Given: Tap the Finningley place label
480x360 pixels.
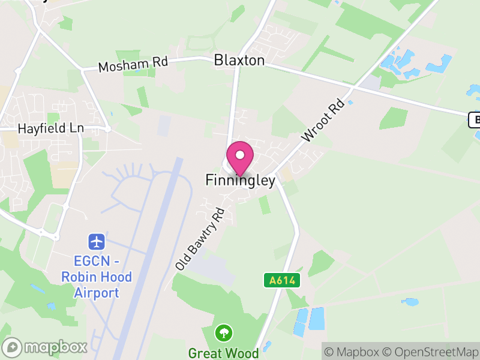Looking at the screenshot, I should point(240,180).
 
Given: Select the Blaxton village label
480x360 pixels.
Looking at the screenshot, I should point(239,60).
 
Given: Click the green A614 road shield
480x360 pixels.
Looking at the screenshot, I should point(281,280).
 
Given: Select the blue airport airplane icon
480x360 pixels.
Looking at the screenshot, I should point(97,242).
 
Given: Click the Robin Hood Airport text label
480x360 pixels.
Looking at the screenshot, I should point(96,277).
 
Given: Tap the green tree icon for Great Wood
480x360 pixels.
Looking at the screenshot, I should point(224,332).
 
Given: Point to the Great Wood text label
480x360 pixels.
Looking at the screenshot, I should point(223,352).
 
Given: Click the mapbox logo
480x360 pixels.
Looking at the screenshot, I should point(45,347).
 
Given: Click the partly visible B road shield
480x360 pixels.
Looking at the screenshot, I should point(474,120).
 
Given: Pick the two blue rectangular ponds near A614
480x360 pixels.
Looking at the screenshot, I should point(308,321).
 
